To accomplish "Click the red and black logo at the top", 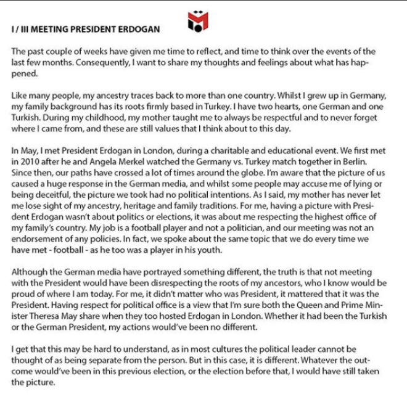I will [197, 20].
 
